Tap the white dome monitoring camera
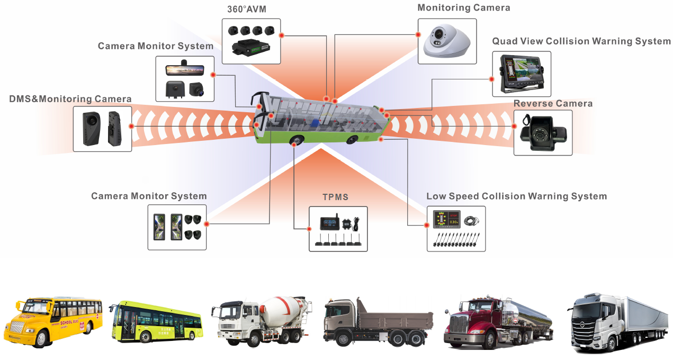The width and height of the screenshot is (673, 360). click(447, 41)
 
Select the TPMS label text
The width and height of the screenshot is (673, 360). click(336, 197)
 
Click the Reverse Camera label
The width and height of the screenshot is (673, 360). click(553, 103)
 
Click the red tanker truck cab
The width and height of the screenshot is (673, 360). click(466, 320)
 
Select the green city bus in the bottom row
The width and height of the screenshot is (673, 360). click(156, 321)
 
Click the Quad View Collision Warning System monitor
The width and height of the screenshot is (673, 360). click(521, 74)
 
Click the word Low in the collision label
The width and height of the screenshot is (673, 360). click(436, 196)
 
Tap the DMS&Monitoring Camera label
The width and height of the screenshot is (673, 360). click(70, 99)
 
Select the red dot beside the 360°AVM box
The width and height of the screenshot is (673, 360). click(282, 35)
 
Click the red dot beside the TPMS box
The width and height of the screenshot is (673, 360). click(308, 229)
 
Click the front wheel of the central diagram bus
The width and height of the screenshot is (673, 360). click(297, 141)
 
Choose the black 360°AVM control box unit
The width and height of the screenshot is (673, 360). click(251, 49)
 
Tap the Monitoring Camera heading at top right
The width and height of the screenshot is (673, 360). click(464, 8)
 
